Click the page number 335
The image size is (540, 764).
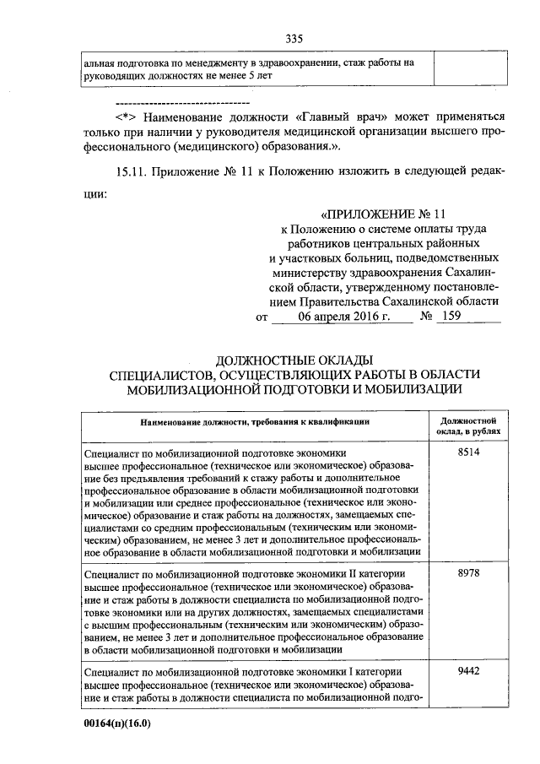tap(294, 38)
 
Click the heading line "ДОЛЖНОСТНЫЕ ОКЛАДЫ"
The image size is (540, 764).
tap(294, 360)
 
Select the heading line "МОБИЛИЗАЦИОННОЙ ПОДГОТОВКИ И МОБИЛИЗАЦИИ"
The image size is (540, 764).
tap(294, 388)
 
